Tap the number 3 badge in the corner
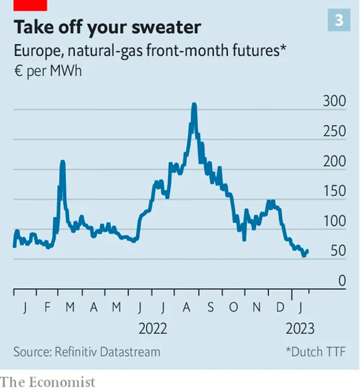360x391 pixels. (339, 20)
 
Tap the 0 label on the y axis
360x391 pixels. (343, 281)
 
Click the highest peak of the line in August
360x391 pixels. (194, 105)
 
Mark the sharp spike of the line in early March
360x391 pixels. (62, 162)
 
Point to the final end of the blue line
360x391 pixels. (308, 250)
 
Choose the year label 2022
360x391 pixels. (153, 328)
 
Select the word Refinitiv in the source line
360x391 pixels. (78, 352)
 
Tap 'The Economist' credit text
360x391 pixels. (48, 383)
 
